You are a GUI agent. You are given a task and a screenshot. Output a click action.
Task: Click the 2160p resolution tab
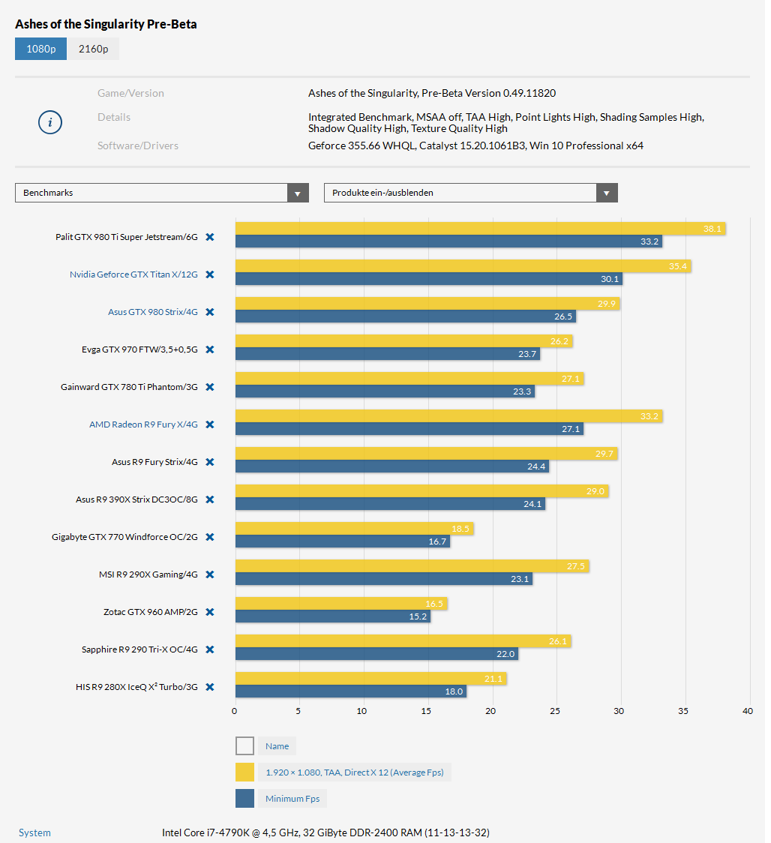(93, 49)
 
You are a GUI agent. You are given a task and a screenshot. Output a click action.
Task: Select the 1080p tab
(41, 49)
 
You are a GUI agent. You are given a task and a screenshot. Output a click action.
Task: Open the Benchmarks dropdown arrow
(298, 193)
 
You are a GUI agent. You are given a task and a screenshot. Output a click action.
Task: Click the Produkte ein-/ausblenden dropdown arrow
(607, 193)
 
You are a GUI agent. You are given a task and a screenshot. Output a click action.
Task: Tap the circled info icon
(49, 122)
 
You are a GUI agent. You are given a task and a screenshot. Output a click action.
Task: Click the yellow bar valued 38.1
(480, 229)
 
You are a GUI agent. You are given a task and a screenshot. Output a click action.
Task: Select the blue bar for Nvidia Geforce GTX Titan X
(428, 279)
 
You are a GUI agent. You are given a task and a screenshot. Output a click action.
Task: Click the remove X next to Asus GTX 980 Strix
(210, 312)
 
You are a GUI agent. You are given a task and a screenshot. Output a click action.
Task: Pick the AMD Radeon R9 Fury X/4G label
(143, 424)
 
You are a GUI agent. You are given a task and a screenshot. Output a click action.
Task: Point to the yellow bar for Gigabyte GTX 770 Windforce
(354, 529)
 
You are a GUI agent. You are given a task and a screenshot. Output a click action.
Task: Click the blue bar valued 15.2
(332, 616)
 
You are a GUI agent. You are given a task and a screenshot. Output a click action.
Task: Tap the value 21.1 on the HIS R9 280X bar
(493, 679)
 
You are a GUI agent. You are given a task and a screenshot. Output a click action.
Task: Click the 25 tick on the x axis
(555, 711)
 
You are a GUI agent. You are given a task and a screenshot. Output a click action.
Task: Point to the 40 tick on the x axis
(747, 711)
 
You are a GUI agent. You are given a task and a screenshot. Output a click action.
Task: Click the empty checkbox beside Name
(244, 745)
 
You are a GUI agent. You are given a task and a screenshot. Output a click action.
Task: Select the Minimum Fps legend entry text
(292, 799)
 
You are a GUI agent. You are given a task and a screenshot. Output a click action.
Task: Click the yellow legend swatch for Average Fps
(244, 772)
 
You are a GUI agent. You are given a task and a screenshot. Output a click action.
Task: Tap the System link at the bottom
(34, 832)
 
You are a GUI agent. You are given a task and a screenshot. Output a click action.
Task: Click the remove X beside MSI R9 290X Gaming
(210, 574)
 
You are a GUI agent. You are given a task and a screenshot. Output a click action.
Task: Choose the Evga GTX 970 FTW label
(139, 349)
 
